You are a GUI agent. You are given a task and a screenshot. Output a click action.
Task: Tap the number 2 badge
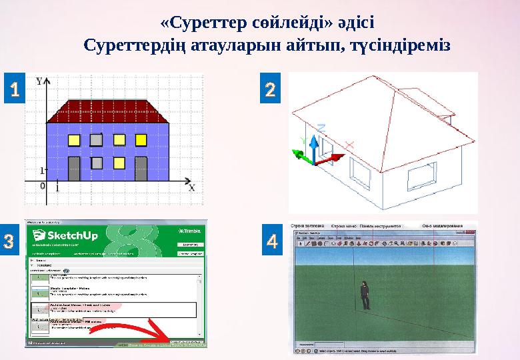[x=269, y=90]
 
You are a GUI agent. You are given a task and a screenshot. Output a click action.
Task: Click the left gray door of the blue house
[x=74, y=169]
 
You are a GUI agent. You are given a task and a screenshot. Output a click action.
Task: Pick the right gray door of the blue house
[x=141, y=169]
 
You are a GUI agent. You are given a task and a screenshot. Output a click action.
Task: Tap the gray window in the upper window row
[x=96, y=140]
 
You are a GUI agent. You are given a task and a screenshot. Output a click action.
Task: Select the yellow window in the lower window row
[x=120, y=162]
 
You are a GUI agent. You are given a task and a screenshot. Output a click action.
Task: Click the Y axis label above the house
[x=40, y=81]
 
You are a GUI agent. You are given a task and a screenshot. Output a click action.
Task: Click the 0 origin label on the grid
[x=43, y=186]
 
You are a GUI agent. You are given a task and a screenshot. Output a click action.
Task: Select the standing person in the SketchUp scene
[x=365, y=295]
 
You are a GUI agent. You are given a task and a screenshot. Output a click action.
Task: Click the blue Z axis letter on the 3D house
[x=321, y=127]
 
